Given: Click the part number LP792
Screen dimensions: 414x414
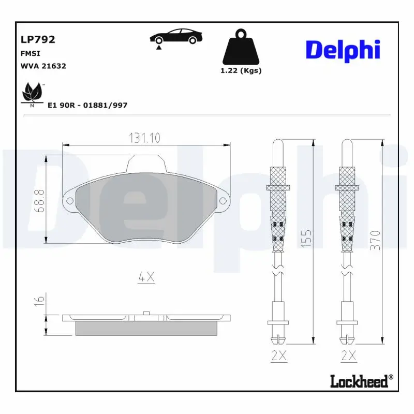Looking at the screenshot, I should tap(38, 39).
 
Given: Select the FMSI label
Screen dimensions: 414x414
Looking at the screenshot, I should tap(30, 53).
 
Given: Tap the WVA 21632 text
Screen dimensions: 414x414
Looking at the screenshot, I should tap(43, 66).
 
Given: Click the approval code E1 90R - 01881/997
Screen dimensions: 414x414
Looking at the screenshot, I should tap(87, 105).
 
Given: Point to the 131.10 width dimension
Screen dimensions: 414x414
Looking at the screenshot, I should tap(145, 138).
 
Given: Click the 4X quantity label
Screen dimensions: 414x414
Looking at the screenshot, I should tap(146, 277).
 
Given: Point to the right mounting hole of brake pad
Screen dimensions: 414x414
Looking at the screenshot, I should tap(224, 201).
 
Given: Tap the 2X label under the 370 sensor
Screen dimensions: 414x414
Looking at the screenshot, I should tap(348, 356).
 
